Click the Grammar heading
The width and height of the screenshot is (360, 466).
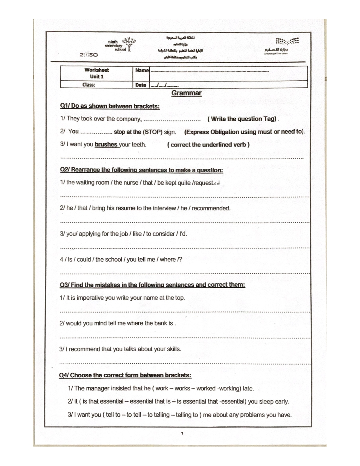[x=186, y=93]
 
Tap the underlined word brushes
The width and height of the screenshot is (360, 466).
[x=106, y=144]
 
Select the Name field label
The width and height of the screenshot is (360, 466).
[x=142, y=70]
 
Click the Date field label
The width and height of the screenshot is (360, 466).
[x=140, y=85]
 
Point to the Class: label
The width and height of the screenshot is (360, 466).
[x=89, y=85]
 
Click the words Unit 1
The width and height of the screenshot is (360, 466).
[x=96, y=77]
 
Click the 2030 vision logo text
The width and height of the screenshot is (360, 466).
[x=89, y=55]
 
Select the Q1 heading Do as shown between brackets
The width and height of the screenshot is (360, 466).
[x=110, y=106]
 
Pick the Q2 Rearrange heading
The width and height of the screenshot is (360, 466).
[x=141, y=170]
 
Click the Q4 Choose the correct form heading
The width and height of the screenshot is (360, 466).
[x=125, y=375]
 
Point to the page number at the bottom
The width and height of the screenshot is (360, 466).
[x=182, y=433]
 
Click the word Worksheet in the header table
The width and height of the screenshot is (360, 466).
[x=96, y=70]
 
